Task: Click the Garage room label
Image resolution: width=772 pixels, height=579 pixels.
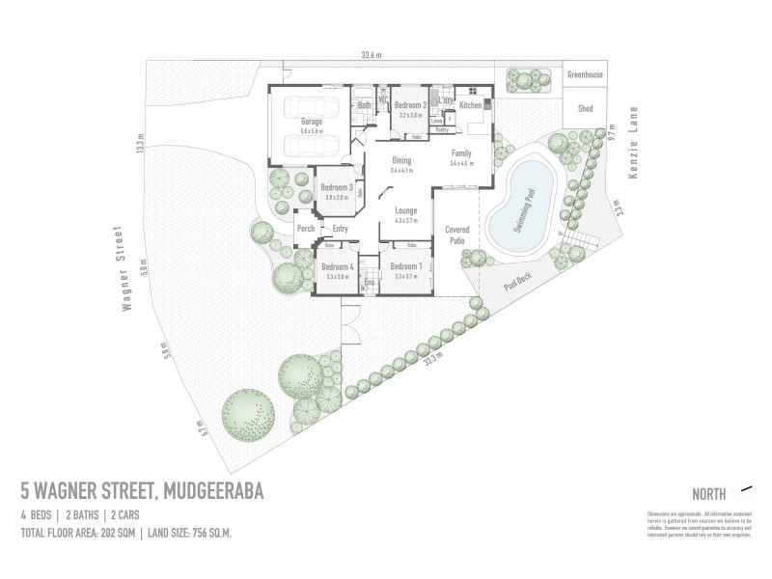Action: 311,122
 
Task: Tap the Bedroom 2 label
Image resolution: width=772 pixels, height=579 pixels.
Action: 410,104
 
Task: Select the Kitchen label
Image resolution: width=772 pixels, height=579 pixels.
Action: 471,104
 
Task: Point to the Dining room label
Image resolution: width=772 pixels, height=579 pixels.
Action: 401,161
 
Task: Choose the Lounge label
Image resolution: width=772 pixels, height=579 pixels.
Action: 405,211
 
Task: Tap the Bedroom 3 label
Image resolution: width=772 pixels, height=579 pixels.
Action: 336,186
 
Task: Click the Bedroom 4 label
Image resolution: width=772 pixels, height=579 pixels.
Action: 337,266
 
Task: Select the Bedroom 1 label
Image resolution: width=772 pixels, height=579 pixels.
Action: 405,266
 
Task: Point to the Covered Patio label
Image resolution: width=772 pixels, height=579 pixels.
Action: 456,235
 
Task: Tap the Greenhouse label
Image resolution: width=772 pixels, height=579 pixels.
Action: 585,74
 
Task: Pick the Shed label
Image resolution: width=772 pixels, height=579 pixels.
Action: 585,109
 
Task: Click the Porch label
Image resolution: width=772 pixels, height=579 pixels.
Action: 307,229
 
